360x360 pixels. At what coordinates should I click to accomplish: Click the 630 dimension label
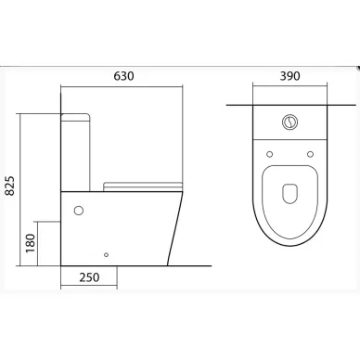point(123,76)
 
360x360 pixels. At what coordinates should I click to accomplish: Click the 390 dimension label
point(289,76)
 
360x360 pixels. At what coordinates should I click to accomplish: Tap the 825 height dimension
point(10,186)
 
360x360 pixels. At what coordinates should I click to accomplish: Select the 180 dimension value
point(31,243)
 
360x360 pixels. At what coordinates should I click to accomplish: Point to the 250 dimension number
point(89,277)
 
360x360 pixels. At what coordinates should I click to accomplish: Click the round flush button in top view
point(289,122)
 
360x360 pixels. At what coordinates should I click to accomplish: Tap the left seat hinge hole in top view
point(269,154)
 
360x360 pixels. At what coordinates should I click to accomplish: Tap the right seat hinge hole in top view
point(310,154)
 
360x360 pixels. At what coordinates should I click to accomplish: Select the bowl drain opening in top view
point(289,194)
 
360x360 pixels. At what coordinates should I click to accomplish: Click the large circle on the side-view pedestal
point(79,211)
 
